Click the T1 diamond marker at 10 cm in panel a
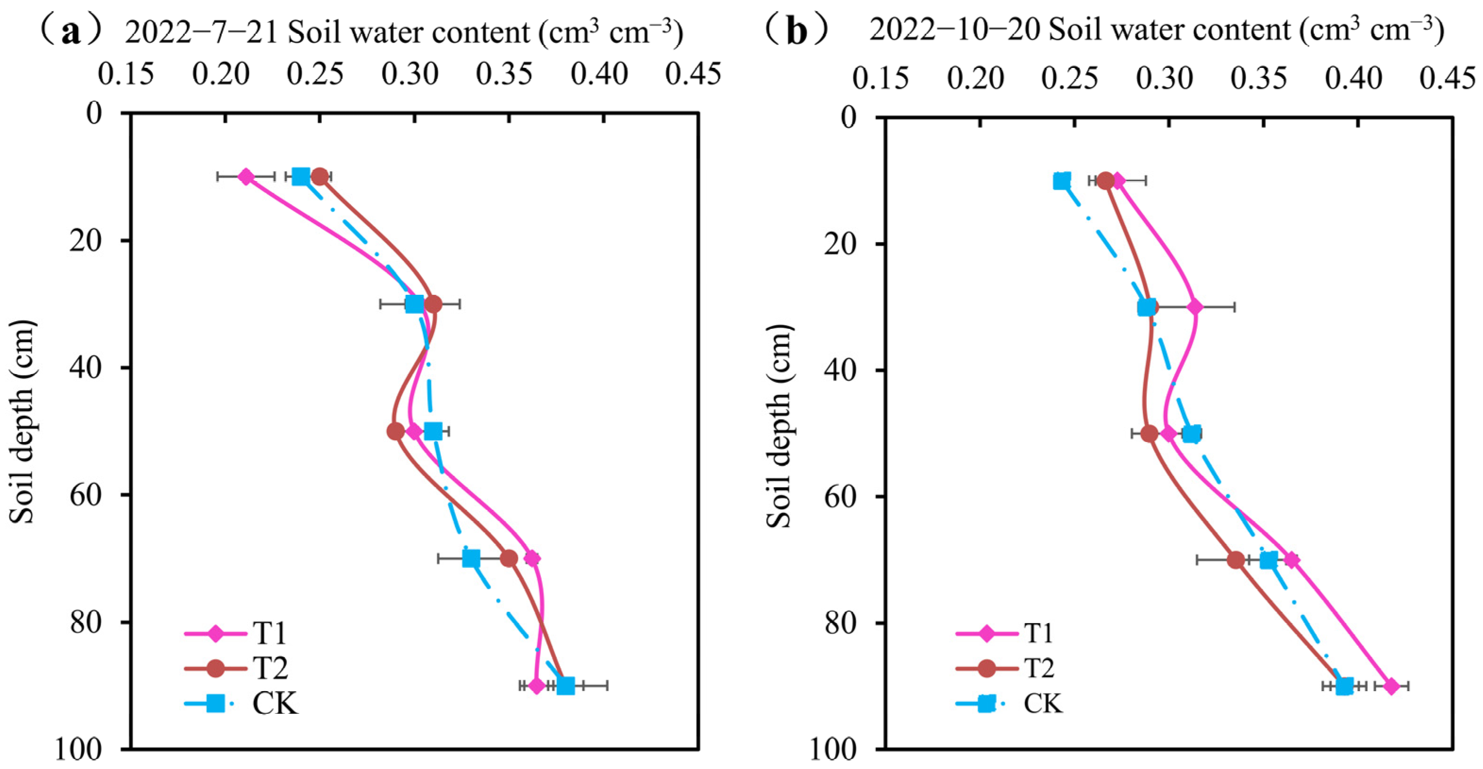[246, 177]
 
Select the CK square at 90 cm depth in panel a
[565, 685]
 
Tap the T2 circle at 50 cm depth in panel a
[395, 431]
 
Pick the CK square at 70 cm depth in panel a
[471, 558]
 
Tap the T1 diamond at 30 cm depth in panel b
[1195, 307]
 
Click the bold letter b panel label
[797, 31]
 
